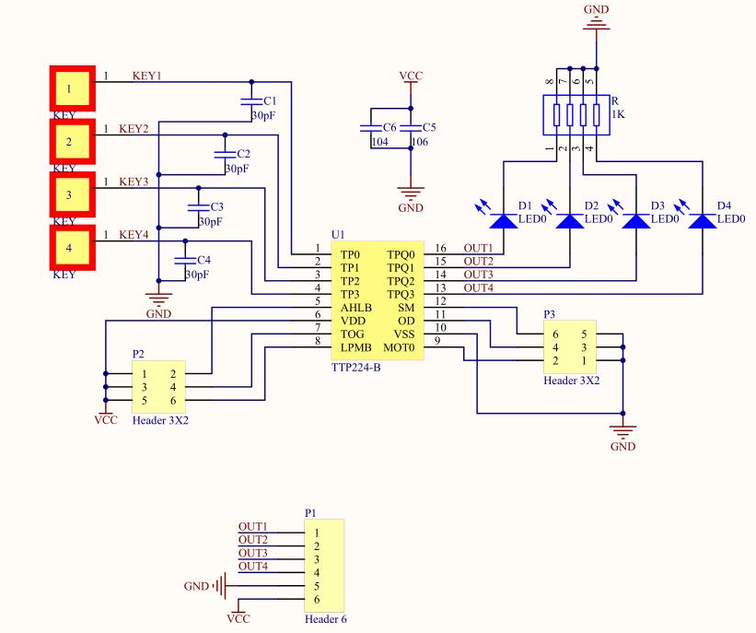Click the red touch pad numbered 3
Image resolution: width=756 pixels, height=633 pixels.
pyautogui.click(x=73, y=195)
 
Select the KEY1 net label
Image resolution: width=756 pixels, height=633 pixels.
pyautogui.click(x=147, y=76)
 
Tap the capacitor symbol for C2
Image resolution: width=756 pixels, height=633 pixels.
pyautogui.click(x=225, y=154)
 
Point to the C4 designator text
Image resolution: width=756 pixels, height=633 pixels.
pyautogui.click(x=204, y=260)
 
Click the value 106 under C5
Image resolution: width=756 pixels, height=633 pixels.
pyautogui.click(x=420, y=142)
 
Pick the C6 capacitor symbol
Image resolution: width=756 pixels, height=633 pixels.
pyautogui.click(x=371, y=128)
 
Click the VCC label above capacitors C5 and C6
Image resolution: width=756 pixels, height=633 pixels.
pyautogui.click(x=411, y=76)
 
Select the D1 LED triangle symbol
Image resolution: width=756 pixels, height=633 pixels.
pyautogui.click(x=504, y=221)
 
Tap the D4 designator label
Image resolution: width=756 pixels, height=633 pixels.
pyautogui.click(x=724, y=206)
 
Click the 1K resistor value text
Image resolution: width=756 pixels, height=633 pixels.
pyautogui.click(x=618, y=114)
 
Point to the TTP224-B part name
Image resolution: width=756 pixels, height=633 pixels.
pyautogui.click(x=355, y=368)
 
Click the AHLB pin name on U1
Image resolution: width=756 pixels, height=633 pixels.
pyautogui.click(x=356, y=308)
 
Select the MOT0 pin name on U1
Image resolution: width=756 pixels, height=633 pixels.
pyautogui.click(x=399, y=348)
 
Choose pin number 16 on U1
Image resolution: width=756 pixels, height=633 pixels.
pyautogui.click(x=441, y=248)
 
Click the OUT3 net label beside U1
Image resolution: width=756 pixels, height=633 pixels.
pyautogui.click(x=478, y=275)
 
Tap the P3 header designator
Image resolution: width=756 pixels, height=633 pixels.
pyautogui.click(x=549, y=314)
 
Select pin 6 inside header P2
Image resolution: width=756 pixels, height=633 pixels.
pyautogui.click(x=173, y=401)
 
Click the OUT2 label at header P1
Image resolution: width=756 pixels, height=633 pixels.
pyautogui.click(x=253, y=540)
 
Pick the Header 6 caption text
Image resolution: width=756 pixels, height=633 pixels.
pyautogui.click(x=325, y=619)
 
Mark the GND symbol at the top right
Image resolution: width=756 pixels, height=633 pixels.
pyautogui.click(x=597, y=19)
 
